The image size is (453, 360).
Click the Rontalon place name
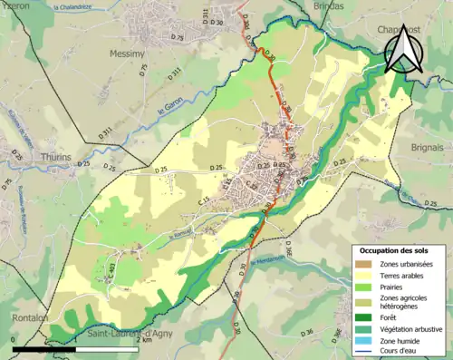click(31, 317)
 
